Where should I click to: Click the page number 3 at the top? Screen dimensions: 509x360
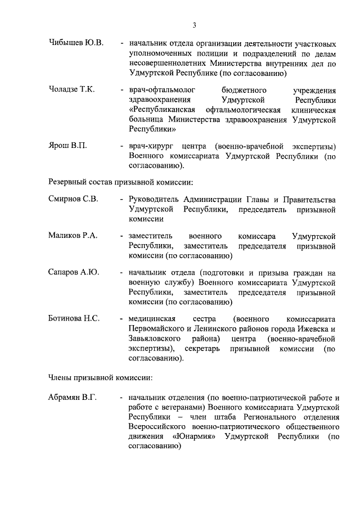[x=194, y=25]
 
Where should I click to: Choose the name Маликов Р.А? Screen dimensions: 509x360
[x=73, y=236]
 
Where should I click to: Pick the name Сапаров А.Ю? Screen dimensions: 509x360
[x=74, y=272]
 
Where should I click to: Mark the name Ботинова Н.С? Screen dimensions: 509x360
[x=74, y=318]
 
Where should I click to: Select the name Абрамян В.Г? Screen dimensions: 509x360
[x=73, y=398]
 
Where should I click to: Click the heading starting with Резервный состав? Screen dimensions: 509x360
[x=120, y=182]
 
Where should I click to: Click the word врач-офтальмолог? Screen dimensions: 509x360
[x=160, y=90]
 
